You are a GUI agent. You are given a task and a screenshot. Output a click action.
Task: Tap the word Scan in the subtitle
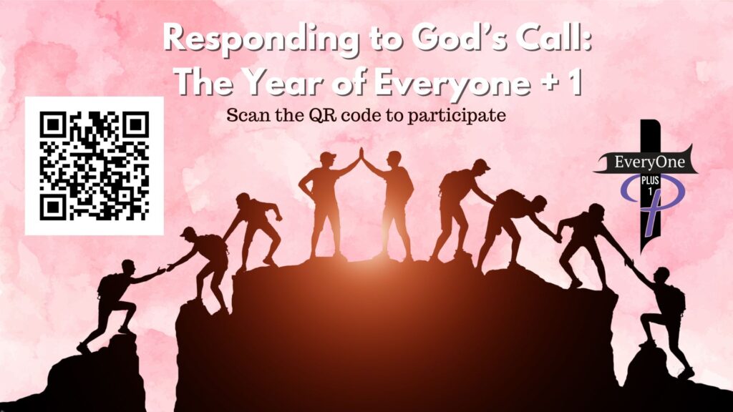click(x=248, y=115)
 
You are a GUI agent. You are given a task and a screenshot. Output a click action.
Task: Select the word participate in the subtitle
click(x=456, y=116)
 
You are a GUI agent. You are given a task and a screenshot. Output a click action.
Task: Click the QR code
click(x=94, y=166)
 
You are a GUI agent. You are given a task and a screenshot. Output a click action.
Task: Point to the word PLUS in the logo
click(x=650, y=180)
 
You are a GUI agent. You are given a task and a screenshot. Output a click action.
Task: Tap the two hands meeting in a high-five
click(x=361, y=154)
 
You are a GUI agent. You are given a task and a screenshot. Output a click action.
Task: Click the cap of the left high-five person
click(x=328, y=157)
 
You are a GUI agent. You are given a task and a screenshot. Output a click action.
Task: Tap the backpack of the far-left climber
click(x=105, y=285)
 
